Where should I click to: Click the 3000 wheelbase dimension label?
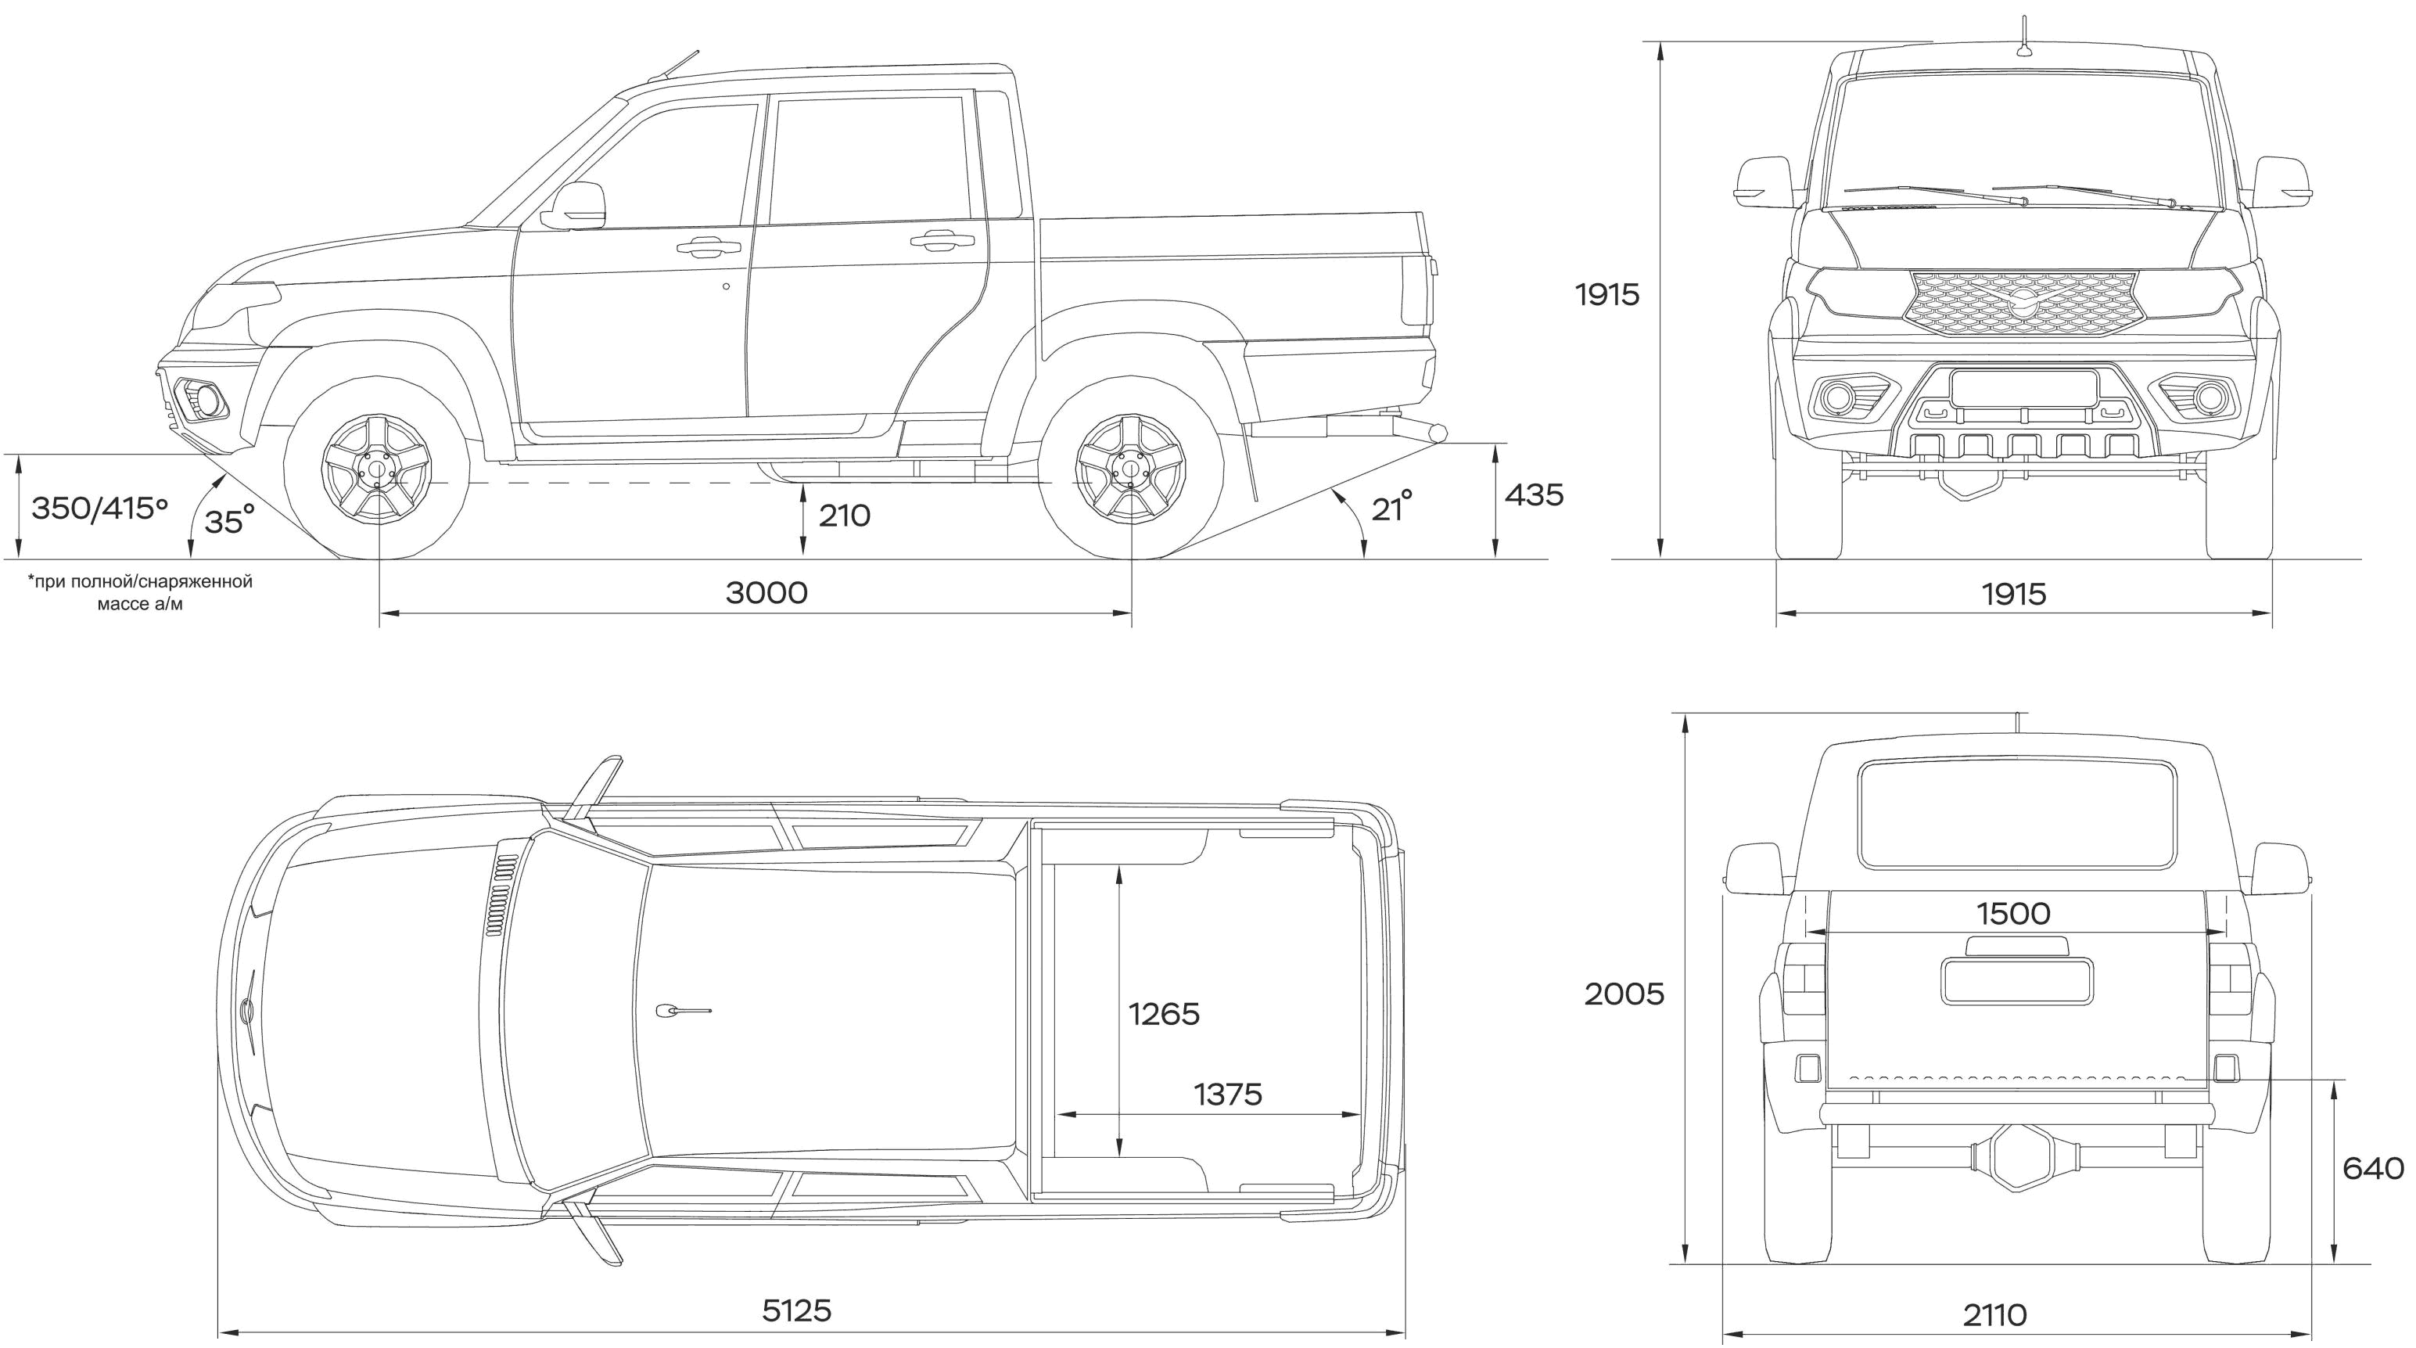tap(766, 593)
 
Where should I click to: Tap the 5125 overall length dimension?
tap(796, 1310)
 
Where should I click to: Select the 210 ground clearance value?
tap(844, 515)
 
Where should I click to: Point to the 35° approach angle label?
tap(230, 519)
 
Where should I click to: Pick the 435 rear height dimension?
tap(1535, 494)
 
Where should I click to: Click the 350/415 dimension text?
tap(99, 509)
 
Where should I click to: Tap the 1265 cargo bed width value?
tap(1164, 1014)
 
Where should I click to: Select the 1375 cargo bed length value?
tap(1228, 1094)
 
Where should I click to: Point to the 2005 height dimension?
tap(1624, 994)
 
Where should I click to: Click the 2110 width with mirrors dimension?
tap(1995, 1315)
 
